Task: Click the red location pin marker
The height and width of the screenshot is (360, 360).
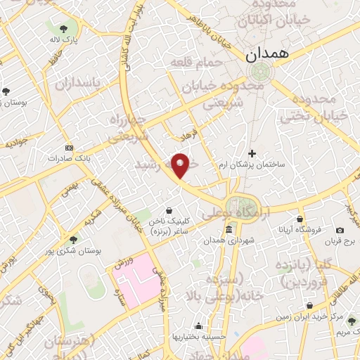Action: pyautogui.click(x=181, y=165)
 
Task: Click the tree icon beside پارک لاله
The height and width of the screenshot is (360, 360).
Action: pyautogui.click(x=64, y=29)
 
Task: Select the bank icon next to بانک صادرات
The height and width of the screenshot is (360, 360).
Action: pyautogui.click(x=68, y=148)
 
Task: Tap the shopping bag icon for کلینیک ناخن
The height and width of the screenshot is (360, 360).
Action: pyautogui.click(x=169, y=210)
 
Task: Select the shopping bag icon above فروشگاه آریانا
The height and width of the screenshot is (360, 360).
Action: pyautogui.click(x=300, y=219)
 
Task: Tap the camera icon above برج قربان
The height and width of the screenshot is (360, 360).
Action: pyautogui.click(x=340, y=230)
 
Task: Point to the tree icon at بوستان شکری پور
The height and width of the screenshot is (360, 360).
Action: pyautogui.click(x=74, y=240)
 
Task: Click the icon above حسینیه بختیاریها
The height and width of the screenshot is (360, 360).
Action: pyautogui.click(x=200, y=326)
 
